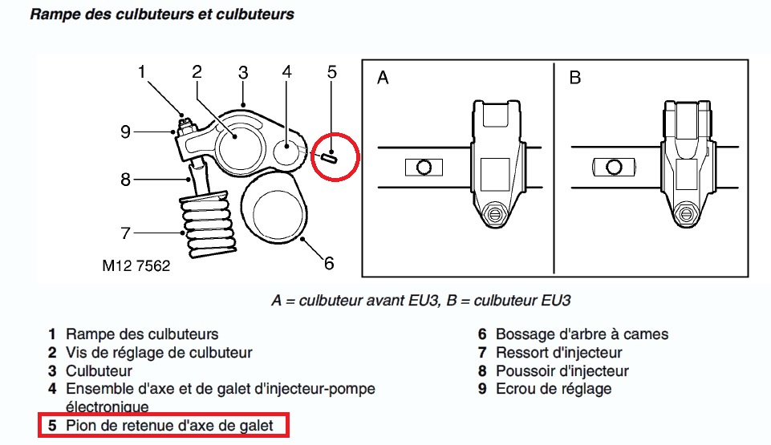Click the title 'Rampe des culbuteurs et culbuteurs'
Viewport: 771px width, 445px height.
[161, 14]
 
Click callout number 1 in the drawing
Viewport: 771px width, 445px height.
[142, 72]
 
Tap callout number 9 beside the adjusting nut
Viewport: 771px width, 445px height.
[126, 131]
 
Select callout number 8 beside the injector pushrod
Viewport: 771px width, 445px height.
[125, 179]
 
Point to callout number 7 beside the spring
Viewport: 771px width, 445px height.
[125, 233]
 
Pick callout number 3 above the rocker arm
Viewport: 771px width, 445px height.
[243, 72]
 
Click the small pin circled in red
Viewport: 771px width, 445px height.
[329, 156]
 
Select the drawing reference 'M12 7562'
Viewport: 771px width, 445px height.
[136, 266]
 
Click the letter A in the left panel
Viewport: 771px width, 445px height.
[383, 78]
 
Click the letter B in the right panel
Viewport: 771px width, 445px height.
[574, 78]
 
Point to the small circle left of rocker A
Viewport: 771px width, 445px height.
[424, 168]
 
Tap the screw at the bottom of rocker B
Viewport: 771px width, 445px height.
[684, 213]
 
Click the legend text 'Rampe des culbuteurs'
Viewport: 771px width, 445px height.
[142, 334]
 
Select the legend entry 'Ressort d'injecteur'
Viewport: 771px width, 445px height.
[558, 353]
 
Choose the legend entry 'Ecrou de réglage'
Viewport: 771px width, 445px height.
[554, 389]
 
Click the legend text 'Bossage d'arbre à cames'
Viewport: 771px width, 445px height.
[582, 334]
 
